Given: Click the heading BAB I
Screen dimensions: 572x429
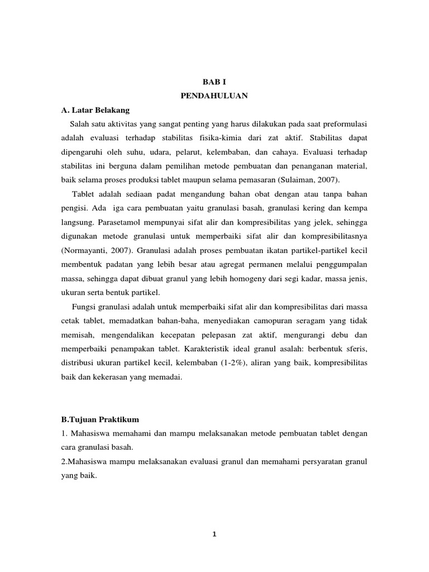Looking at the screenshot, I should pos(214,82).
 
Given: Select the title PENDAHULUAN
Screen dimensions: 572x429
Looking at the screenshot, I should pos(214,96).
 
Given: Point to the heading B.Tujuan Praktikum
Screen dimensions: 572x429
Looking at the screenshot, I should pos(99,418).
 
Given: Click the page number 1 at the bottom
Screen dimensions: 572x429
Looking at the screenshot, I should pos(214,534).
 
